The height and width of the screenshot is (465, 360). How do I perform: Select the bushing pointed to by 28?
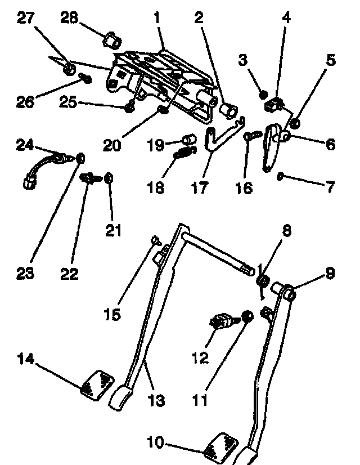[110, 39]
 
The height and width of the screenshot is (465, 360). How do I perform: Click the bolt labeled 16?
[250, 135]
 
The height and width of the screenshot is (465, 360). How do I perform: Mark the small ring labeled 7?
[280, 177]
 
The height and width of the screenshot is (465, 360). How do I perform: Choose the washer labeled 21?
[109, 178]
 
